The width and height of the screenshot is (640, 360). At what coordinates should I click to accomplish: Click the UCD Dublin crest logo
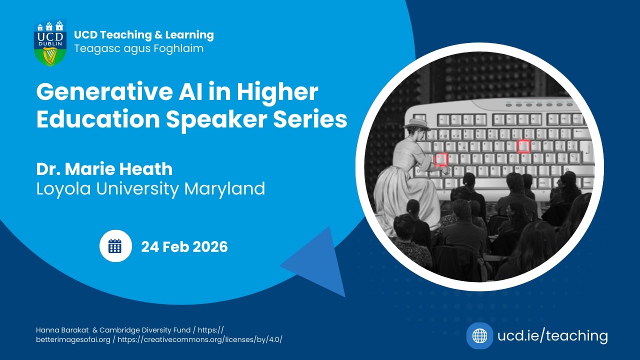(49, 43)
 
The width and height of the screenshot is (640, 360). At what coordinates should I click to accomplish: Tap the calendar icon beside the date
(115, 246)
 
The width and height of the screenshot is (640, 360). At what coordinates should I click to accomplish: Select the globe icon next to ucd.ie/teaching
(479, 336)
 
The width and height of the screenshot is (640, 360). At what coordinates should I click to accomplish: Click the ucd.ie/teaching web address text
(552, 336)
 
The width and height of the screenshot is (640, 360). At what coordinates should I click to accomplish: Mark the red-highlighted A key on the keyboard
(440, 159)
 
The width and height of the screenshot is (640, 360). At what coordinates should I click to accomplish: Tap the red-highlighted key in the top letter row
(523, 146)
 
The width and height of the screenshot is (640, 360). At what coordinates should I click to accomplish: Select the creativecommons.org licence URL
(212, 339)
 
